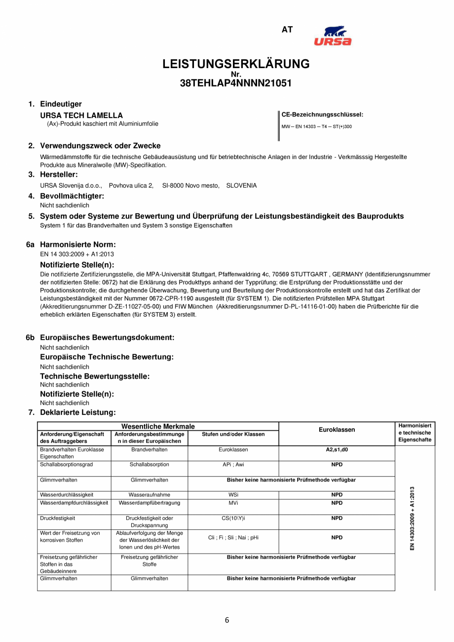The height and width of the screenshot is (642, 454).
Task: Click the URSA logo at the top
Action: tap(333, 36)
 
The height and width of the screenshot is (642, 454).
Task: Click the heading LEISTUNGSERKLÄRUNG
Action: tap(236, 64)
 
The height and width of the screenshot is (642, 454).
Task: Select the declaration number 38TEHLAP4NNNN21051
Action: tap(236, 83)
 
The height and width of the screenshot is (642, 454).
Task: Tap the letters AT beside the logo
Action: tap(287, 30)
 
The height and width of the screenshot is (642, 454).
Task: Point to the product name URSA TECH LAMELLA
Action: tap(81, 116)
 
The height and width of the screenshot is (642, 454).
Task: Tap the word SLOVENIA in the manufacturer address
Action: tap(241, 186)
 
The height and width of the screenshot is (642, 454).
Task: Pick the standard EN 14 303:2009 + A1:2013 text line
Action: tap(77, 254)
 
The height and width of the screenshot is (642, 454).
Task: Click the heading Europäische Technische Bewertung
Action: tap(107, 357)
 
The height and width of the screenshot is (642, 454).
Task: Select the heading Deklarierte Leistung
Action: tap(77, 412)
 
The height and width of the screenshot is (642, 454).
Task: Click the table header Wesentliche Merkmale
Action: tap(158, 426)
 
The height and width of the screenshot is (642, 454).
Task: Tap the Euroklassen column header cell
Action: tap(337, 430)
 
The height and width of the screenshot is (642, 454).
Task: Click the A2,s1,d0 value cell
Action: tap(337, 450)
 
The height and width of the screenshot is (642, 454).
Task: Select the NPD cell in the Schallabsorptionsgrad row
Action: tap(337, 465)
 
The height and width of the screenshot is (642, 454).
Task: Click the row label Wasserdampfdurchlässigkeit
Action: tap(74, 503)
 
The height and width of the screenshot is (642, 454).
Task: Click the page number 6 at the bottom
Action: tap(227, 621)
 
